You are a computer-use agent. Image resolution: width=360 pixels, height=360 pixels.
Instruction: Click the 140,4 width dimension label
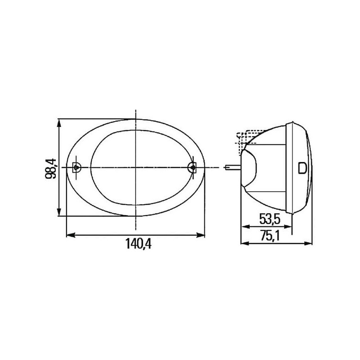pyautogui.click(x=138, y=243)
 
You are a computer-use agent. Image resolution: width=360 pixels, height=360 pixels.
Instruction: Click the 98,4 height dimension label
pyautogui.click(x=51, y=168)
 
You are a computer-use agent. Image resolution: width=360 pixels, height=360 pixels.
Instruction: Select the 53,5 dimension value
pyautogui.click(x=270, y=219)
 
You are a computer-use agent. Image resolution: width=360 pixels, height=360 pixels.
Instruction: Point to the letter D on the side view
pyautogui.click(x=302, y=168)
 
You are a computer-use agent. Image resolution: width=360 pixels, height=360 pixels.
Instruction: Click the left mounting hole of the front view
pyautogui.click(x=76, y=167)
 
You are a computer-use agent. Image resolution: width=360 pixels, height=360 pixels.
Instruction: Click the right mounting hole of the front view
pyautogui.click(x=193, y=167)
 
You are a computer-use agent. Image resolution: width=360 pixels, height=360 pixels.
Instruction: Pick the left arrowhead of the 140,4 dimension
pyautogui.click(x=71, y=235)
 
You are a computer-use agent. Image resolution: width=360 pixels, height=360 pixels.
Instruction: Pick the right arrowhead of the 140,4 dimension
pyautogui.click(x=200, y=235)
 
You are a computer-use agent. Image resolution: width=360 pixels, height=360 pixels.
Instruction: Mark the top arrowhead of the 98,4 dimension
pyautogui.click(x=59, y=123)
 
